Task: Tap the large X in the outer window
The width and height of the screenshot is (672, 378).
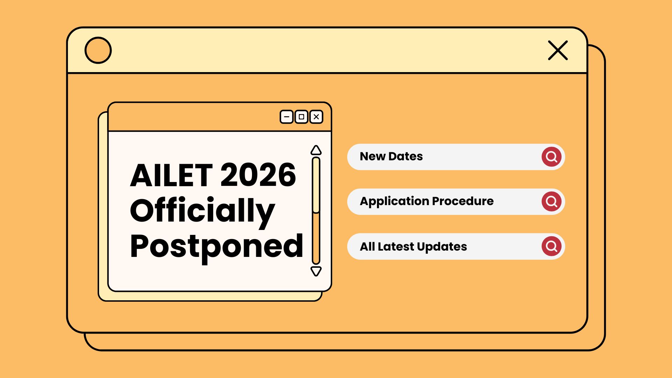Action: [x=558, y=50]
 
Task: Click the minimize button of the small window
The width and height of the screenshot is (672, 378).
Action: [x=287, y=117]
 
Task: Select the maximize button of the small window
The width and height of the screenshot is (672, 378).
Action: [x=301, y=117]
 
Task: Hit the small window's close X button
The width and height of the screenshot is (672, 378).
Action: [x=316, y=117]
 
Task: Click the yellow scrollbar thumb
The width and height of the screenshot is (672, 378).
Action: [x=316, y=185]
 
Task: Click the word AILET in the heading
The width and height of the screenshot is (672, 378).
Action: [x=171, y=175]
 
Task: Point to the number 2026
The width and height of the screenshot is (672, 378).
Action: [x=258, y=175]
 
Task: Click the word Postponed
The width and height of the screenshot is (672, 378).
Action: [x=216, y=247]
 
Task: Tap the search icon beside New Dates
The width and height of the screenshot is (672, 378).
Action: [x=552, y=157]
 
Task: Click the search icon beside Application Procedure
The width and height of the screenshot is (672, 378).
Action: [x=552, y=202]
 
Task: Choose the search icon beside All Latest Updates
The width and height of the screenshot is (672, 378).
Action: [x=552, y=246]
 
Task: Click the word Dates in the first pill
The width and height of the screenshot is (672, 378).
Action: [x=406, y=156]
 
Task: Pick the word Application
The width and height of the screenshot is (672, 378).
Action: [x=394, y=202]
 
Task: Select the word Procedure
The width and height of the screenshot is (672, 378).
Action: [x=463, y=201]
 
